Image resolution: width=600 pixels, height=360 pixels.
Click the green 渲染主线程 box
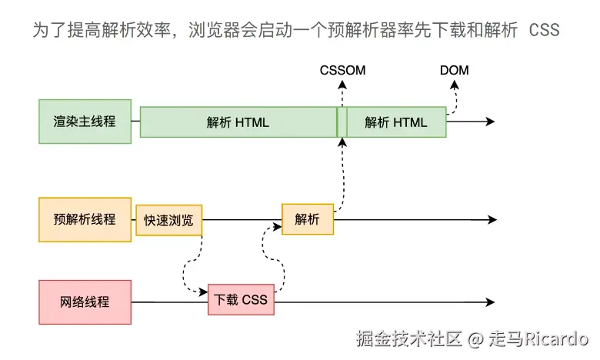coord(85,122)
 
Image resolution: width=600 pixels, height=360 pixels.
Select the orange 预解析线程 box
coord(85,219)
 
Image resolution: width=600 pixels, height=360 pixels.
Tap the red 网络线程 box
coord(85,302)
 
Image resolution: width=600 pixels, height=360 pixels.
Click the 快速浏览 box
coord(169,220)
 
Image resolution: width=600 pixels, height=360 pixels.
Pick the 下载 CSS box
coord(241,299)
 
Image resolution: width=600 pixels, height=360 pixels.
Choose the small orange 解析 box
coord(308,219)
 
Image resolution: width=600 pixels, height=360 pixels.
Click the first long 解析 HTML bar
coord(238,122)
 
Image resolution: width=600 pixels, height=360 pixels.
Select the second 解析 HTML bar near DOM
coord(395,122)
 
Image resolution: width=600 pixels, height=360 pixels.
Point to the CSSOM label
coord(343,71)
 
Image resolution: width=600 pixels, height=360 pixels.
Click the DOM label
coord(454,71)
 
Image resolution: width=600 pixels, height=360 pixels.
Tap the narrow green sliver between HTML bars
coord(342,122)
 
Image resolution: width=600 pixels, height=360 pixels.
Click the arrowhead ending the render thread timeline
coord(490,122)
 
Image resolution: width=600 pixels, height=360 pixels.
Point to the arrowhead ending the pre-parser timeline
coord(490,220)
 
